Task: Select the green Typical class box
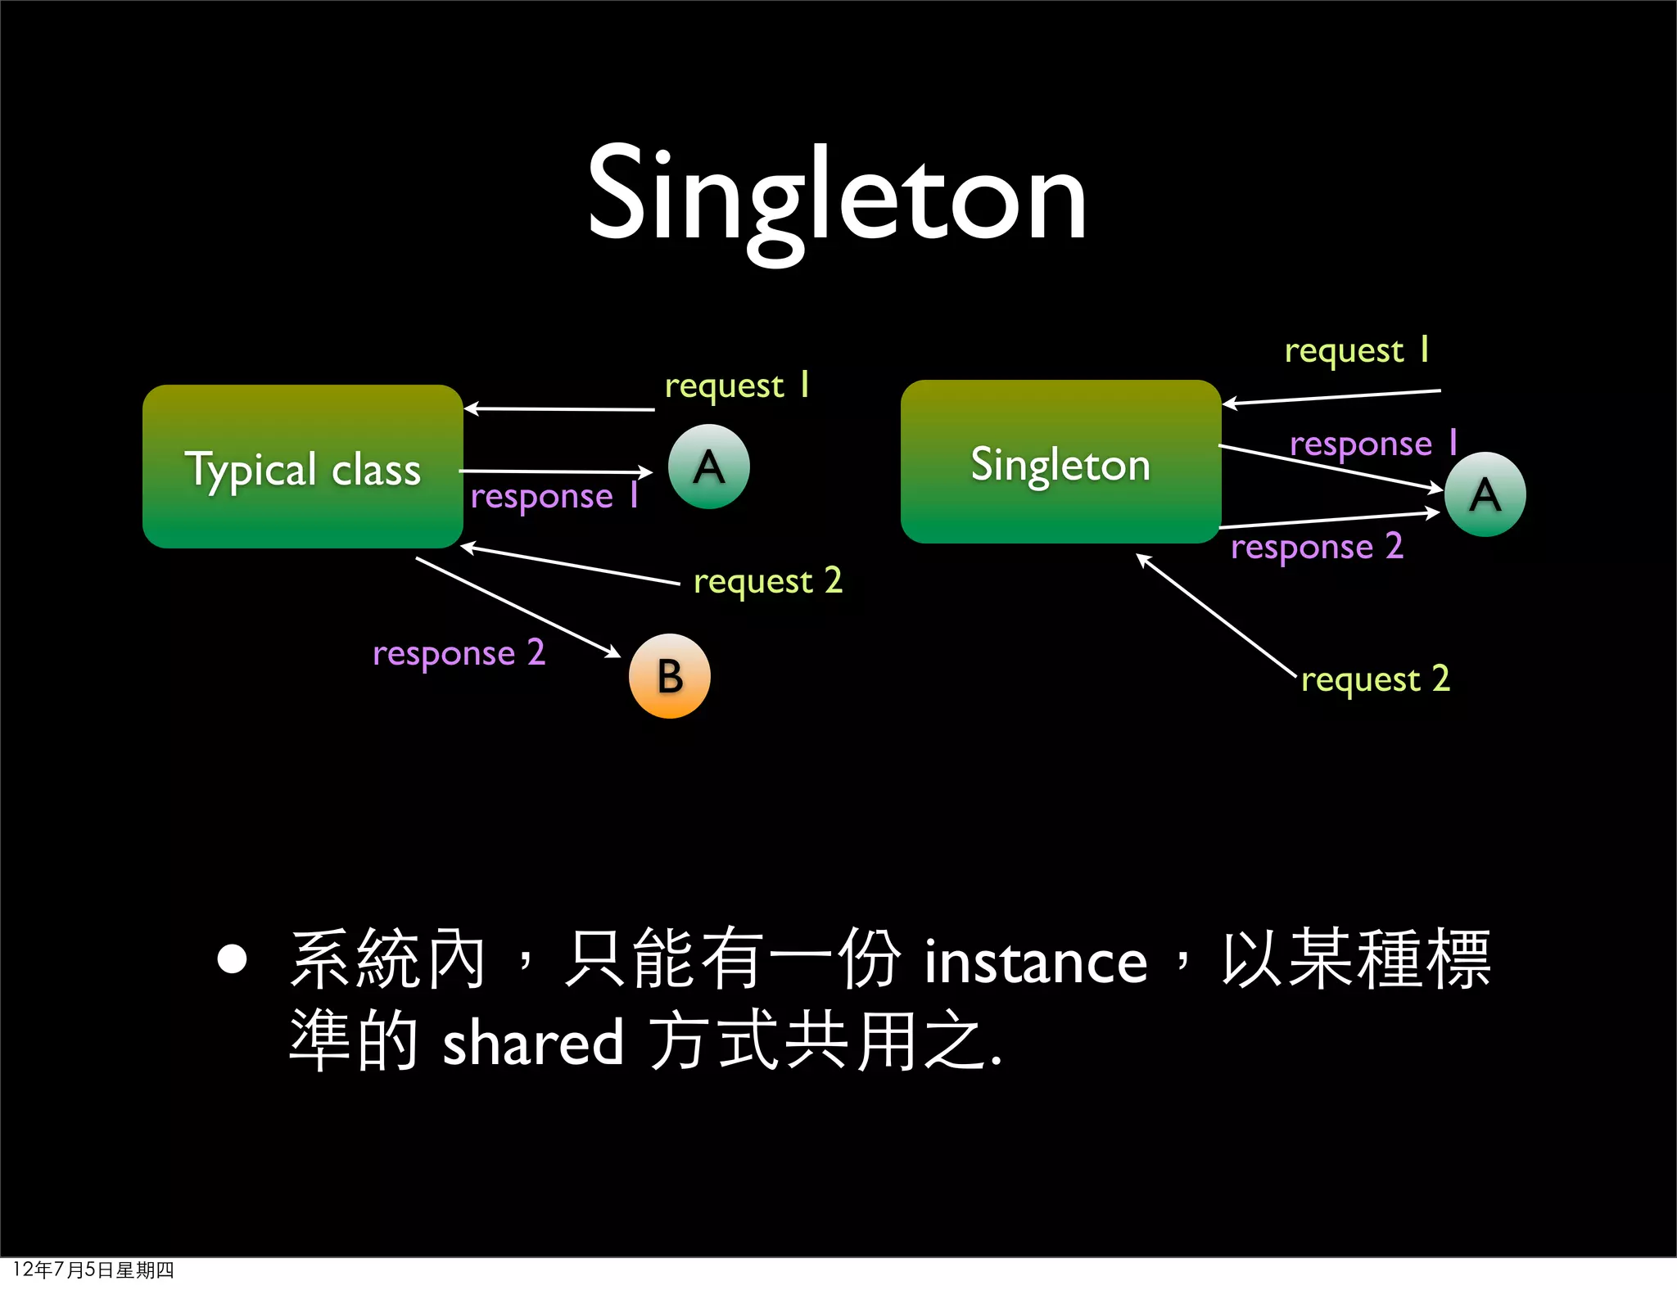pyautogui.click(x=303, y=467)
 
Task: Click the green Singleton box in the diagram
pyautogui.click(x=1060, y=462)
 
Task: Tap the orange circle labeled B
pyautogui.click(x=669, y=676)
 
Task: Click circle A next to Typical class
pyautogui.click(x=709, y=467)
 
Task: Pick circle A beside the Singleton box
pyautogui.click(x=1485, y=494)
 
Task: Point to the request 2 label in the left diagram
pyautogui.click(x=767, y=581)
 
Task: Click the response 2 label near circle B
pyautogui.click(x=459, y=653)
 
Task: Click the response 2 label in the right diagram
pyautogui.click(x=1317, y=547)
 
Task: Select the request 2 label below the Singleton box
pyautogui.click(x=1375, y=679)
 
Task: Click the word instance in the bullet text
pyautogui.click(x=1036, y=962)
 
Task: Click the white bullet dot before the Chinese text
pyautogui.click(x=233, y=959)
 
